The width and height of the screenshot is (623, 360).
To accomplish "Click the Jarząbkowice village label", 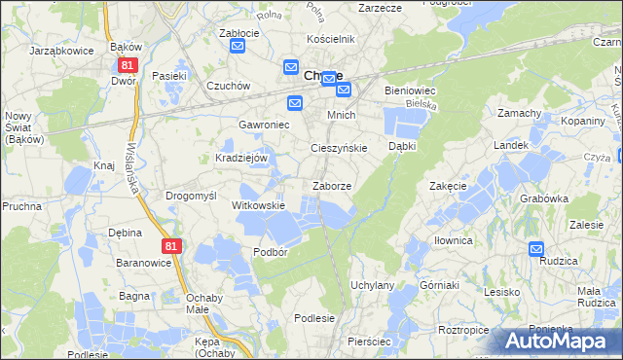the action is coord(61,49).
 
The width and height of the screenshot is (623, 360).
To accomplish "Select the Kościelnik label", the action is coord(330,39).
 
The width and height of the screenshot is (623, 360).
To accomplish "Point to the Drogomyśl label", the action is coord(191,196).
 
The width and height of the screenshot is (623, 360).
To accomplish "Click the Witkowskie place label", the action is coord(258,205).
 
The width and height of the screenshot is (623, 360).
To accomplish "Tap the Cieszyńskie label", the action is coord(338,148).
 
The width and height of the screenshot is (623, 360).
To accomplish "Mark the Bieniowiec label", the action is coord(415,90).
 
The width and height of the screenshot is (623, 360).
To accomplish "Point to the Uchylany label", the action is coord(372,285).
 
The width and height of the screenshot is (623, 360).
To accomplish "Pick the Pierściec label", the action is coord(369,342).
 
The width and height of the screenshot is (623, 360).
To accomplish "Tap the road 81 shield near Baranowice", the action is coord(171,247).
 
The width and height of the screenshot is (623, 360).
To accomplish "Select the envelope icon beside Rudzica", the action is coord(537,249).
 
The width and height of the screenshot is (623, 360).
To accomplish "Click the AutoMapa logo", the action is coord(555,341).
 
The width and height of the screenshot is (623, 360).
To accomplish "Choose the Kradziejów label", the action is coord(240,157).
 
